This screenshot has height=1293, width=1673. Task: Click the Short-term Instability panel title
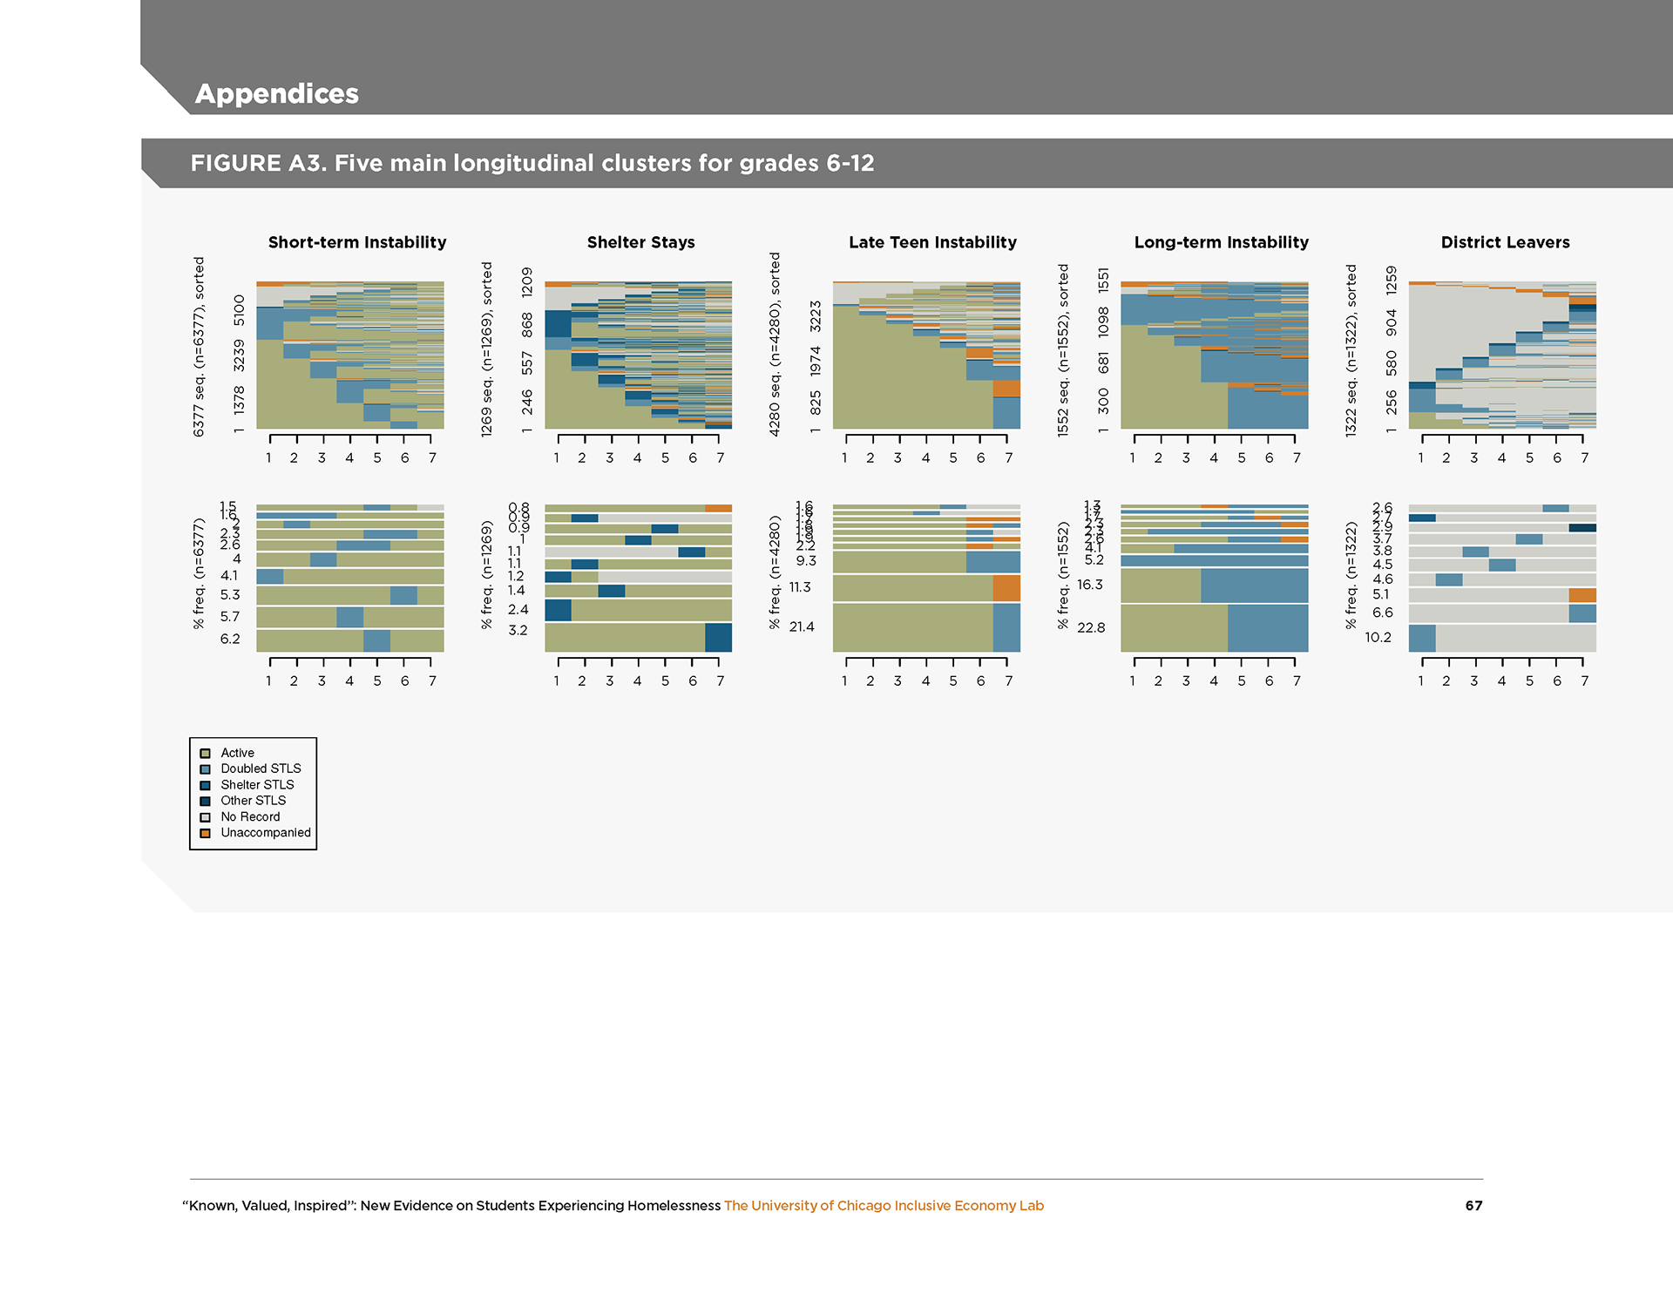[356, 242]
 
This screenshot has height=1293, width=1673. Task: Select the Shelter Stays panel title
[640, 242]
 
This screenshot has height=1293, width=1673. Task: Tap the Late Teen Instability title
[932, 242]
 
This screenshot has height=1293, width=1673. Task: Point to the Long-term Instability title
[1221, 242]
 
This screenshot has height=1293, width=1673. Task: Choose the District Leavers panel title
[1505, 242]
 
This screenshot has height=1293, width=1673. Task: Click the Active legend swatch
[206, 754]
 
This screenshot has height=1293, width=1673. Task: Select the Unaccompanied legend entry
[265, 833]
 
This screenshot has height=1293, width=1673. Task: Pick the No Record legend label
[250, 817]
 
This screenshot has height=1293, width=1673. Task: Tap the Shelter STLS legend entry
[257, 785]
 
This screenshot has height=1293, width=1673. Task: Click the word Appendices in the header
[276, 93]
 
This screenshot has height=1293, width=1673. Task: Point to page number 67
[1473, 1206]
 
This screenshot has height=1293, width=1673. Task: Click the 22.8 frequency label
[1091, 627]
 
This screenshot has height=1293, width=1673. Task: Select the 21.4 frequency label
[802, 626]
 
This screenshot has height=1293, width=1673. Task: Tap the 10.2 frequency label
[1378, 638]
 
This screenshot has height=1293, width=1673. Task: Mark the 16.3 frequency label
[1089, 585]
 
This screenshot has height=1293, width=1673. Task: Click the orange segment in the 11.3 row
[1006, 588]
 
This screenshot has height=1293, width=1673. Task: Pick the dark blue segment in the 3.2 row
[718, 638]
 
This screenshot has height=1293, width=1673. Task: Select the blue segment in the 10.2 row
[1422, 638]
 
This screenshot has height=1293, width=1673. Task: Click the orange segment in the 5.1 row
[1582, 595]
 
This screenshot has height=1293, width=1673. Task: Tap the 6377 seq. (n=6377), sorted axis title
[199, 347]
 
